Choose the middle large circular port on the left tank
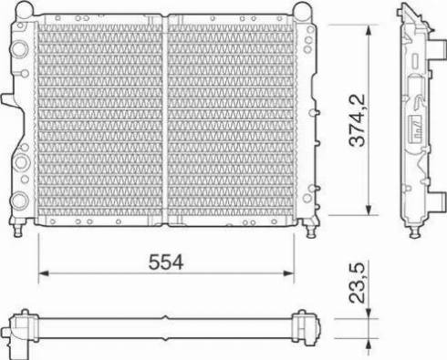(x=19, y=164)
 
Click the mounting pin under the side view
(x=416, y=231)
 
